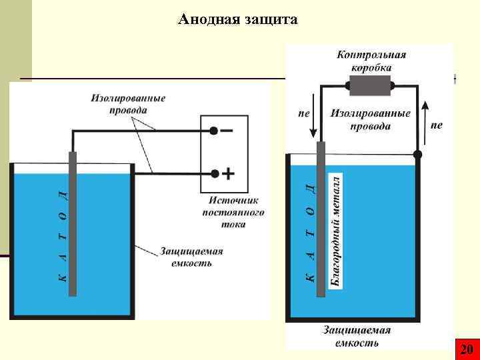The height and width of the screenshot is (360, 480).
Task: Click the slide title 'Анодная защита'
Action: (238, 20)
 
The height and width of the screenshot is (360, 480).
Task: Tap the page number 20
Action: (467, 349)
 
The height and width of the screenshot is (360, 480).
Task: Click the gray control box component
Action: (371, 85)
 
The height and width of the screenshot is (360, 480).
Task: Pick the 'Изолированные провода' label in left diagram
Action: (129, 103)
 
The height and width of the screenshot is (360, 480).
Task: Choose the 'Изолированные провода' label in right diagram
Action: (370, 119)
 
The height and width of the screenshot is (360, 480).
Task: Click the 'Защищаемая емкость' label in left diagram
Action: (191, 257)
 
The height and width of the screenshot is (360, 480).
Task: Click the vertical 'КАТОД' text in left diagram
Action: (61, 233)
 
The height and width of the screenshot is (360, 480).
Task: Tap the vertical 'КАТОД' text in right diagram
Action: (309, 233)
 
